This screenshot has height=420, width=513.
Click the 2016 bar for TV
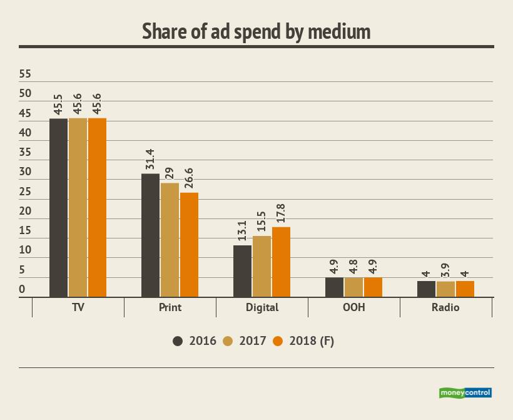[58, 207]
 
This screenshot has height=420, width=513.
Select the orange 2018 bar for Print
[189, 245]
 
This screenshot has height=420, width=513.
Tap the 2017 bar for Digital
[262, 266]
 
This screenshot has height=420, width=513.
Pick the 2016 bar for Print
[150, 235]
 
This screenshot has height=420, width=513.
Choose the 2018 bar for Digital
[281, 262]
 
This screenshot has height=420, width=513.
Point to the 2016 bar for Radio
[426, 289]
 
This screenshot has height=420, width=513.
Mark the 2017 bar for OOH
[353, 287]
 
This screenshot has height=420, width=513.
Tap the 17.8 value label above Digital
[281, 215]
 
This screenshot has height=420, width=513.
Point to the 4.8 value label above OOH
[353, 267]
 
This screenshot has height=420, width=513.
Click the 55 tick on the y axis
[25, 74]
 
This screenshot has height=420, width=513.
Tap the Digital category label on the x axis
[263, 307]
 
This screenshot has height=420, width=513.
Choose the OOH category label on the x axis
[354, 307]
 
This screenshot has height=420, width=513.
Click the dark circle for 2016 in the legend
[178, 341]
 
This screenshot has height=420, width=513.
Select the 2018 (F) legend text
[312, 341]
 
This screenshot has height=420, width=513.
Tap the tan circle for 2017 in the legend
[228, 341]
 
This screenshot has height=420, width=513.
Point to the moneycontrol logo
[465, 392]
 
